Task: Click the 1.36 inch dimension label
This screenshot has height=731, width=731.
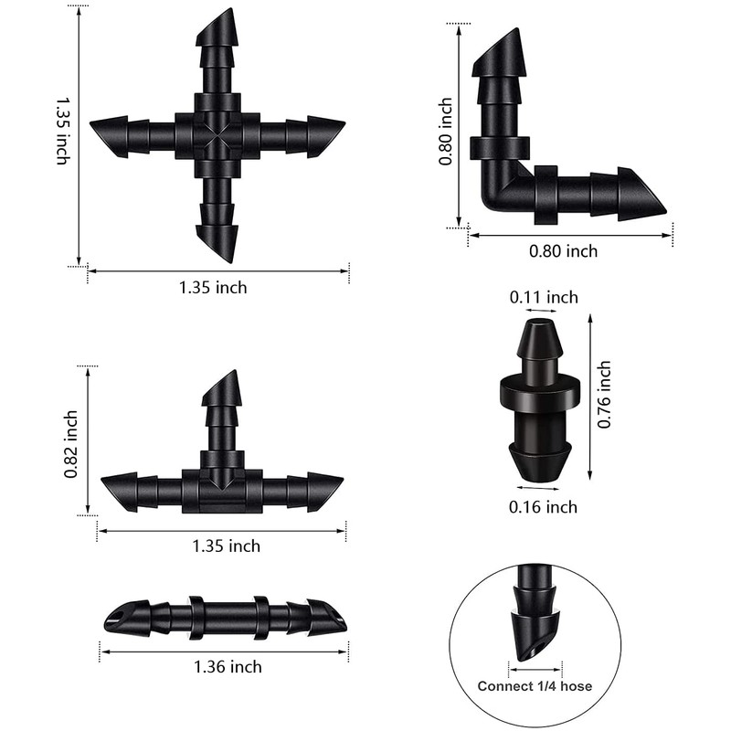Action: [x=228, y=667]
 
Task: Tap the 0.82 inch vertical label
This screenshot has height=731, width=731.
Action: [x=71, y=444]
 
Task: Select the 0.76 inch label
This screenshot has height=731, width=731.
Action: [x=604, y=395]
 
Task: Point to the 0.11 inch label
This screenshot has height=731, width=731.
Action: [x=544, y=297]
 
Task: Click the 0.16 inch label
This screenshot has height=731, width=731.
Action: [x=543, y=507]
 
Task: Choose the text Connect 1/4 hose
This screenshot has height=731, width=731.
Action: [x=535, y=686]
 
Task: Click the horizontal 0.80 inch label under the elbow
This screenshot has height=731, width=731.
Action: [x=563, y=251]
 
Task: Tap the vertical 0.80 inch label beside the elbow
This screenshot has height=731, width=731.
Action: [x=445, y=131]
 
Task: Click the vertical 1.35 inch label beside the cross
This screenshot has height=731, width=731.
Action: [x=63, y=131]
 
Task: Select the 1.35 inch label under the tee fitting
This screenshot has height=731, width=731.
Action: [x=226, y=546]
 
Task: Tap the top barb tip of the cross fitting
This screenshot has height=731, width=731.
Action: [x=230, y=9]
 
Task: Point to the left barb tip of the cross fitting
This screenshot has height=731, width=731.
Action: [x=90, y=123]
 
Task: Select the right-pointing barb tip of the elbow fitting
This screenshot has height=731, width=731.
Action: [x=665, y=213]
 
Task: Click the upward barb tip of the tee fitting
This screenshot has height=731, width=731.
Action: [x=236, y=371]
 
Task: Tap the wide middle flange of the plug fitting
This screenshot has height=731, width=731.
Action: [x=540, y=394]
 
